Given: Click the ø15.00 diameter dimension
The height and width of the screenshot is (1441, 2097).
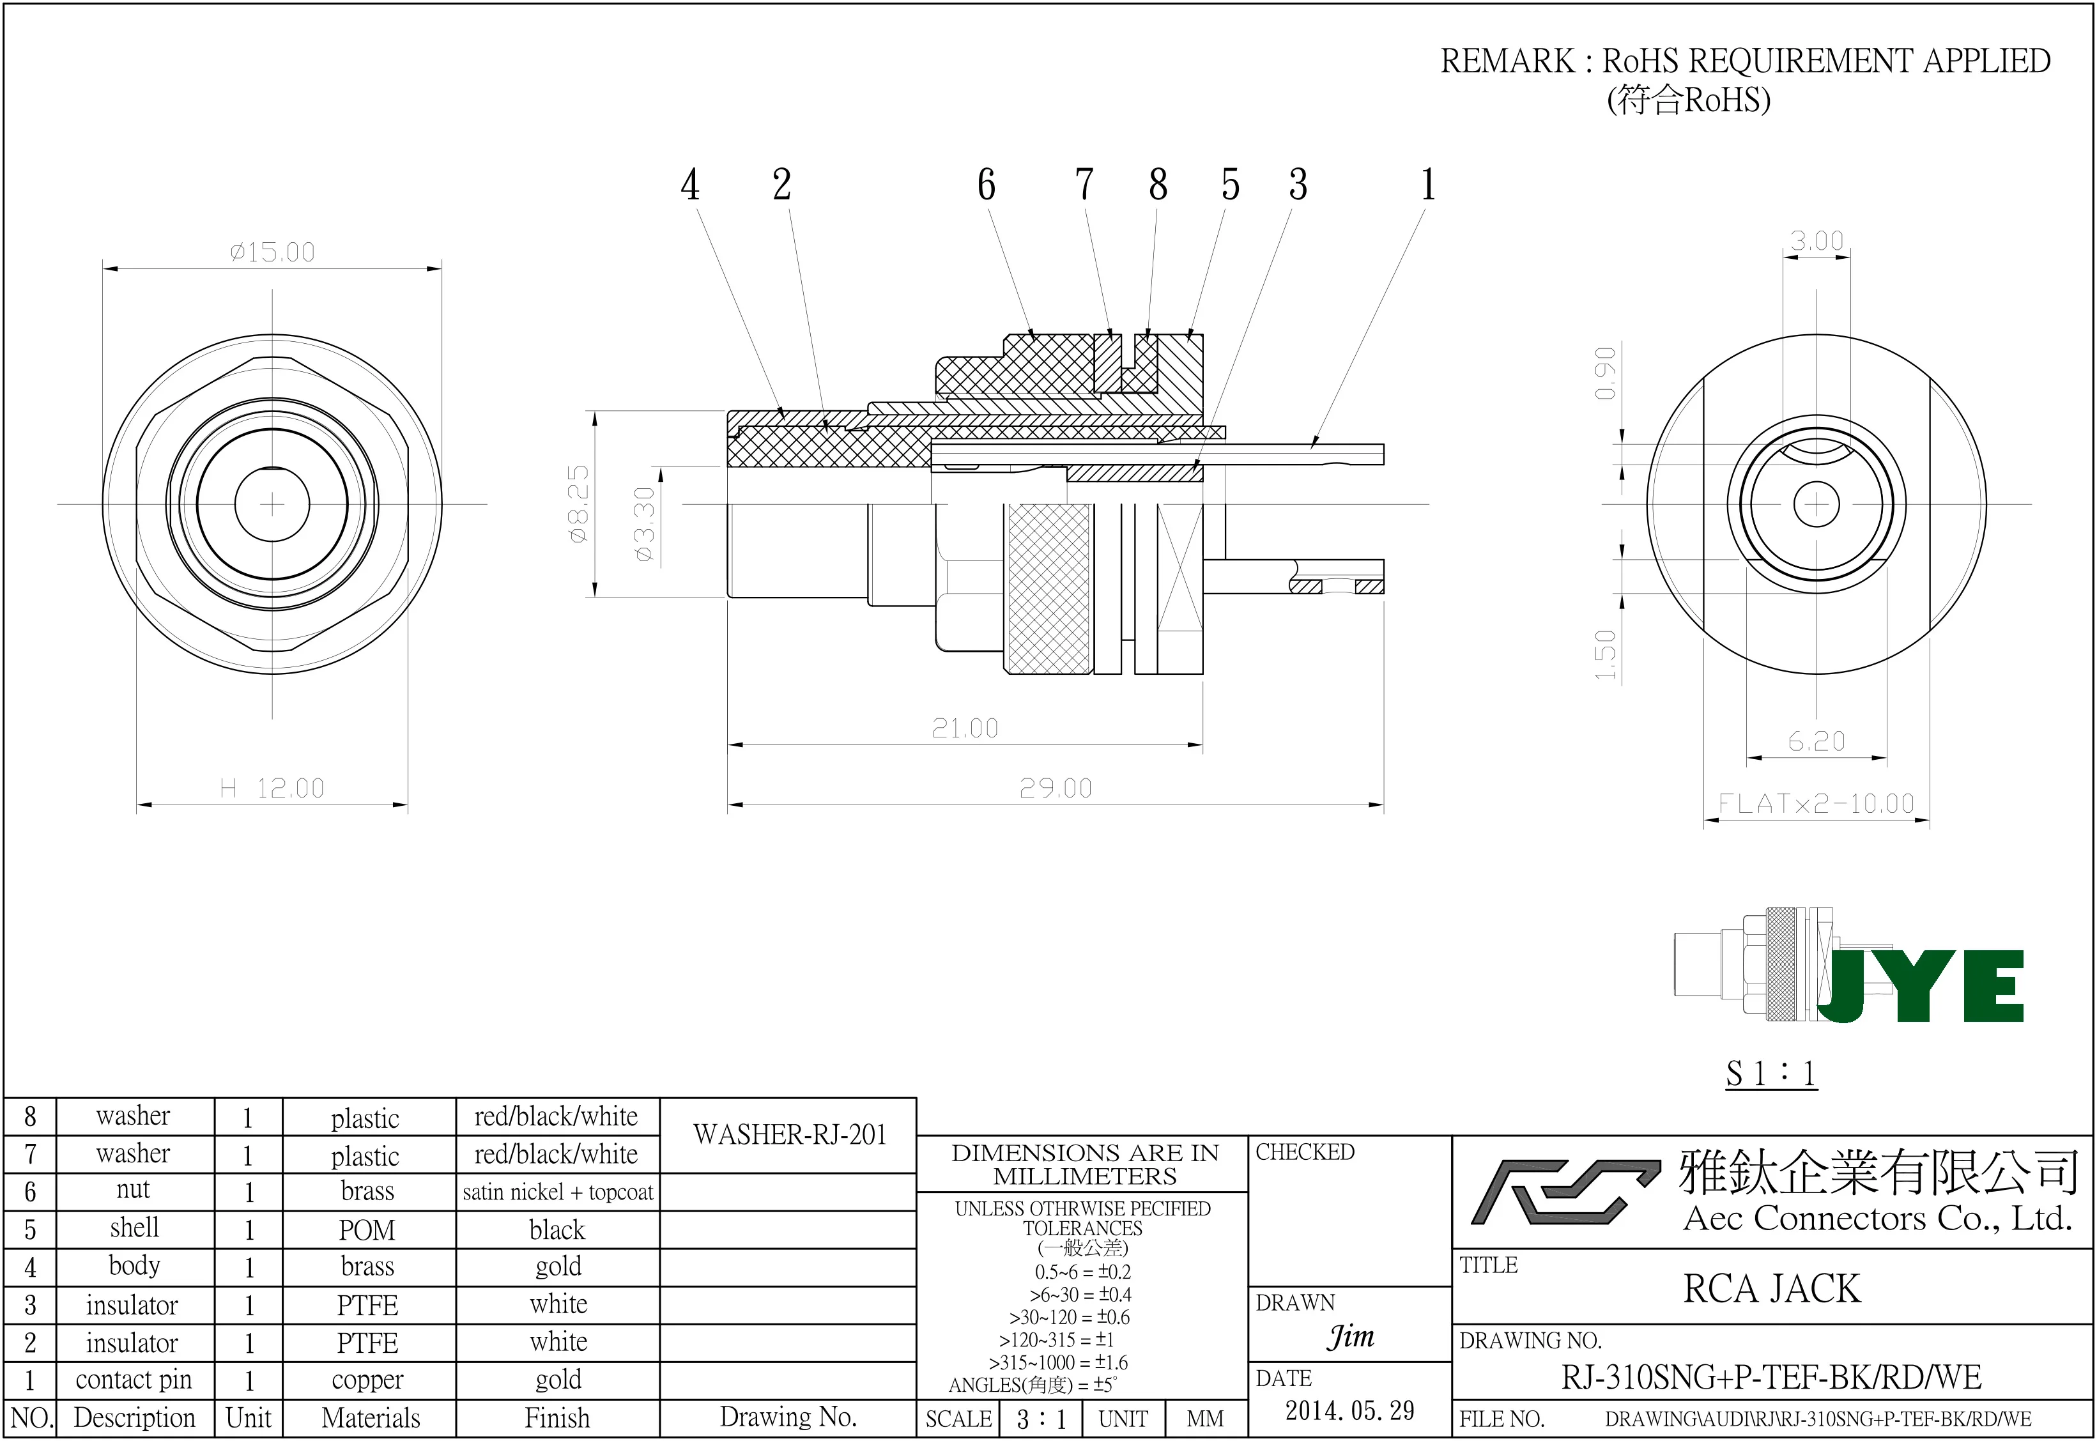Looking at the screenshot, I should tap(273, 252).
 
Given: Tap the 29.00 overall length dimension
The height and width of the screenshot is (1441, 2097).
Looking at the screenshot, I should tap(1056, 788).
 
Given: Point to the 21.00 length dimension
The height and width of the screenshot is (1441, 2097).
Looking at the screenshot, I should tap(965, 728).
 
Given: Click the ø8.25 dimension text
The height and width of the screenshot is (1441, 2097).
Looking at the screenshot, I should tap(579, 503).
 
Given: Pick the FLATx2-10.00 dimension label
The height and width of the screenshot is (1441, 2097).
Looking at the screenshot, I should tap(1815, 803).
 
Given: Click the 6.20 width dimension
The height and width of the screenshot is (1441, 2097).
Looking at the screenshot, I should tap(1817, 741).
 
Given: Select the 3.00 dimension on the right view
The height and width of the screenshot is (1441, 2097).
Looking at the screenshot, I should tap(1817, 241).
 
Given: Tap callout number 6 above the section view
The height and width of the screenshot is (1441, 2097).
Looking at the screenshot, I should tap(986, 185).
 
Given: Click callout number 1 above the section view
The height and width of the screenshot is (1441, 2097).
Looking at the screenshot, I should tap(1427, 185).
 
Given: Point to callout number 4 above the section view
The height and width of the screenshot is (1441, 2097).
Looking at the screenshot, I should tap(689, 185).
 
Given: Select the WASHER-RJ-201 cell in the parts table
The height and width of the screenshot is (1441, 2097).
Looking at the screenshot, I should tap(789, 1135).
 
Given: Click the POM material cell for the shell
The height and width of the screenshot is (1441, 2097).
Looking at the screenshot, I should tap(367, 1229).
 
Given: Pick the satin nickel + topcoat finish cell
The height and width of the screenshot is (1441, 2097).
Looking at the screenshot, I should tap(557, 1192).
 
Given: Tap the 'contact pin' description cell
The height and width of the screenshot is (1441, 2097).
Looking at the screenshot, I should tap(134, 1380).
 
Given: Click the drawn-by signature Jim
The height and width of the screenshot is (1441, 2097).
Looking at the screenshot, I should tap(1351, 1336).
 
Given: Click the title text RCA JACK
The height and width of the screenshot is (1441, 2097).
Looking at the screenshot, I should tap(1771, 1288).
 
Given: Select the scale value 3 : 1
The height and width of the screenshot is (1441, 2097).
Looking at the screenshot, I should tap(1041, 1419).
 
